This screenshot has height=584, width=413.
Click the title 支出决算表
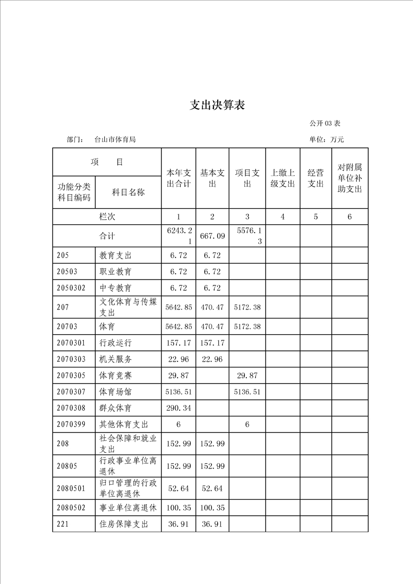click(x=217, y=106)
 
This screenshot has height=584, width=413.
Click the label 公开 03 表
click(x=324, y=123)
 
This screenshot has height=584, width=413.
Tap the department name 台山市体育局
click(x=115, y=139)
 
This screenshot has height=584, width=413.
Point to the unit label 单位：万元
click(x=327, y=139)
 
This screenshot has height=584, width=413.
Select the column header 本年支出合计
click(x=179, y=178)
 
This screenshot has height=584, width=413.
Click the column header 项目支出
click(x=247, y=178)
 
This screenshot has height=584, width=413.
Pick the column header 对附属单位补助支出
click(x=349, y=178)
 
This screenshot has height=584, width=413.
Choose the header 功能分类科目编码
click(x=74, y=192)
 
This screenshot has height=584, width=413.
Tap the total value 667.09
click(x=212, y=236)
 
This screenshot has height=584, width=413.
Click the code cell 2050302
click(x=71, y=288)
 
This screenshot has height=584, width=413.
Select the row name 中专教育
click(x=116, y=288)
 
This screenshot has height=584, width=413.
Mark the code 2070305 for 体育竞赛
click(x=71, y=375)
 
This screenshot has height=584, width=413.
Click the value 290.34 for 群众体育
click(x=179, y=408)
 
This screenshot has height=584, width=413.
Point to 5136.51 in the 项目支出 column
click(x=247, y=391)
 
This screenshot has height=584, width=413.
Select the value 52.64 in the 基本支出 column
click(x=212, y=488)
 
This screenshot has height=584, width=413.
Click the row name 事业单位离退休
click(x=128, y=507)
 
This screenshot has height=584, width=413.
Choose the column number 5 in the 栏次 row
click(x=316, y=217)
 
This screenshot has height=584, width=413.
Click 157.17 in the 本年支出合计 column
click(x=179, y=343)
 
